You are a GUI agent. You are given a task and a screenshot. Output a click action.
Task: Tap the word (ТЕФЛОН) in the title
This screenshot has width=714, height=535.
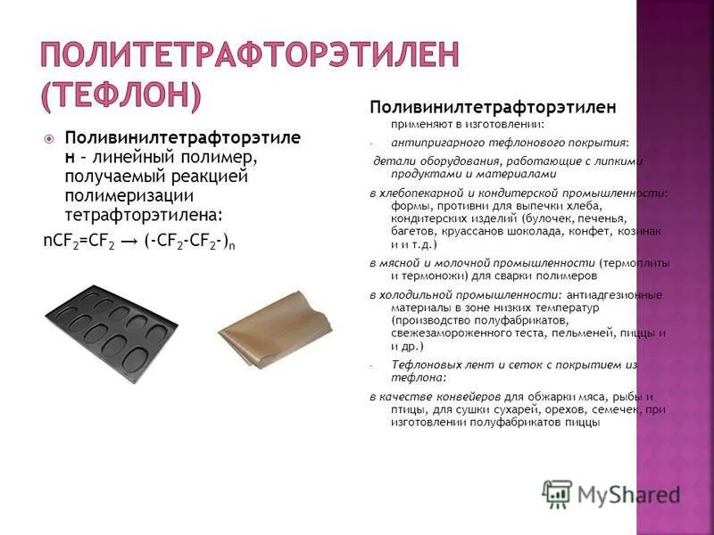122,94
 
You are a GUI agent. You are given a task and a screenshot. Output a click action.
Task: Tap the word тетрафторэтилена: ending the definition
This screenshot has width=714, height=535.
143,215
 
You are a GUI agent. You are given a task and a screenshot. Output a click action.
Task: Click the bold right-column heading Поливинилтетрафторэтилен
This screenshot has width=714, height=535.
493,107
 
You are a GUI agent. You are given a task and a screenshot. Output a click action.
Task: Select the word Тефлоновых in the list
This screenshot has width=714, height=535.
424,365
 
